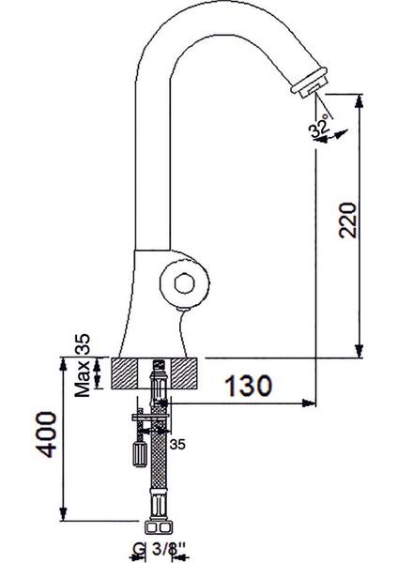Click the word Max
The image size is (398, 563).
click(84, 384)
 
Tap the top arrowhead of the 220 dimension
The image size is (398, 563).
click(358, 98)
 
